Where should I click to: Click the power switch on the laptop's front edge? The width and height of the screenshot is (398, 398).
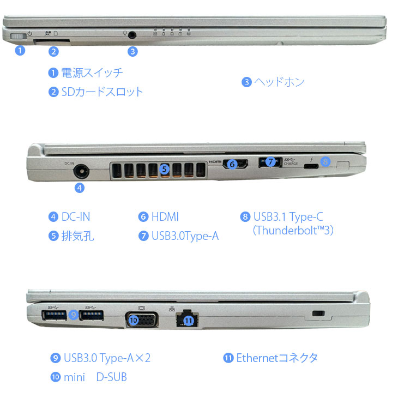[18, 37]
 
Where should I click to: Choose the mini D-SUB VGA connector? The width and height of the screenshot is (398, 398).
[142, 319]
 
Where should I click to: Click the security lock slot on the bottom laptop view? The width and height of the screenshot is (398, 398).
[319, 314]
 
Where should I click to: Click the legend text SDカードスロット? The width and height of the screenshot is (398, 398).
[102, 92]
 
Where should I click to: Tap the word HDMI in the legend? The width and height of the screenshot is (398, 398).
[165, 217]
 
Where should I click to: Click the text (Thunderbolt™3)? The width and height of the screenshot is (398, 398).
[293, 230]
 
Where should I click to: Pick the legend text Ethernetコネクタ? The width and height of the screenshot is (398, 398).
[277, 358]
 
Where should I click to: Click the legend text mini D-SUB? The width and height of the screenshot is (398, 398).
[95, 377]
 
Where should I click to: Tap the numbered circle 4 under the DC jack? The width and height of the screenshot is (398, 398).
[80, 188]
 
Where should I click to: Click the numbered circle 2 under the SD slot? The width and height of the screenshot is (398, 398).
[53, 52]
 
